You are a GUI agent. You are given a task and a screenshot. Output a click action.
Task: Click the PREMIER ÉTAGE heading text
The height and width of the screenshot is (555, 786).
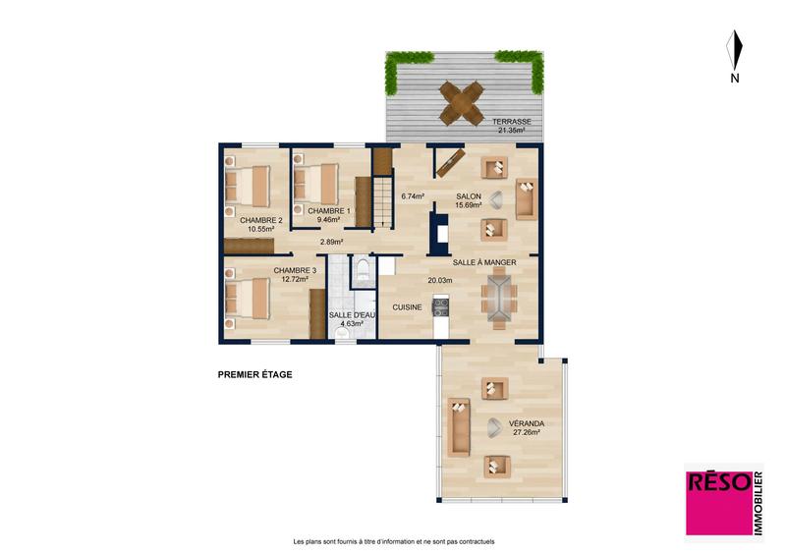(254, 374)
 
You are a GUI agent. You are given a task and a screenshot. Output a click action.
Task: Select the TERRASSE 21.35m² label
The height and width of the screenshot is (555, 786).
(511, 125)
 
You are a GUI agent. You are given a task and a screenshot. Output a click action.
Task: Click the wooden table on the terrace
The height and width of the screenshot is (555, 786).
(462, 101)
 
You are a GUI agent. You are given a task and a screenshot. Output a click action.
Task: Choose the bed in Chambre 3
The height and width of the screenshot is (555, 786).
(248, 298)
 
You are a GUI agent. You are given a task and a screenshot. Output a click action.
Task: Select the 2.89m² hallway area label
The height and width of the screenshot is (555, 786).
(331, 242)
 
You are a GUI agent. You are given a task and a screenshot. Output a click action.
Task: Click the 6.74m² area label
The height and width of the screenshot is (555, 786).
(413, 196)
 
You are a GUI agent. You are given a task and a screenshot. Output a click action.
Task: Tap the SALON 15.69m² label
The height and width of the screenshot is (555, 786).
(469, 201)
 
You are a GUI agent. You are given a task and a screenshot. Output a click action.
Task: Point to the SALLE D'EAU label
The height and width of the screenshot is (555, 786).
(352, 317)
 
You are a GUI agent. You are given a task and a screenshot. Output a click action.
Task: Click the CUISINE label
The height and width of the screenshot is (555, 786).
(407, 307)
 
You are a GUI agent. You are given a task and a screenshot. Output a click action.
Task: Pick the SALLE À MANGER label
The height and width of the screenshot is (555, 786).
(483, 263)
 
